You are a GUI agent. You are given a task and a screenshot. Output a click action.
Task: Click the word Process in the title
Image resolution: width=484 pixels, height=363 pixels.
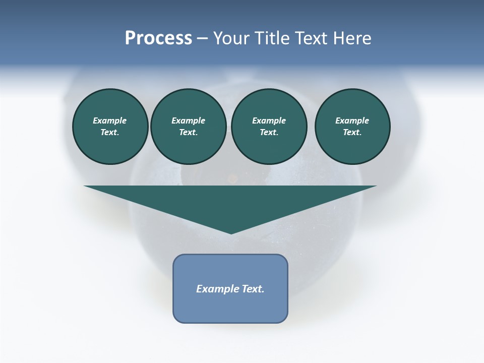coord(158,38)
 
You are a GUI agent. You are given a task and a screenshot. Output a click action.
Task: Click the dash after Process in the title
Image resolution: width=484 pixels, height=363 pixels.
coord(202,39)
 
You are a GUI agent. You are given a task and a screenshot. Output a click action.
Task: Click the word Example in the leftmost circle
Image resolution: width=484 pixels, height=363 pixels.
coord(110,120)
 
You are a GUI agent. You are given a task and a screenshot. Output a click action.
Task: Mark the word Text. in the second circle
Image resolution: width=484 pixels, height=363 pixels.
coord(188,133)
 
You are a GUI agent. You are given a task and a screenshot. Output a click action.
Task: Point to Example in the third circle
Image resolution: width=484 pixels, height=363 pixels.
coord(269,120)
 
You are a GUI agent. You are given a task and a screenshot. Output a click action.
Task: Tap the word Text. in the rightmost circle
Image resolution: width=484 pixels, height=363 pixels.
coord(352,133)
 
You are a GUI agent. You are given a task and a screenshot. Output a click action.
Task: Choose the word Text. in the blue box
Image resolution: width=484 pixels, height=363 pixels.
coord(253,289)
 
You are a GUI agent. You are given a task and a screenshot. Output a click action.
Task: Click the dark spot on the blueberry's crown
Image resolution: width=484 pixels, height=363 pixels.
coord(232,177)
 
